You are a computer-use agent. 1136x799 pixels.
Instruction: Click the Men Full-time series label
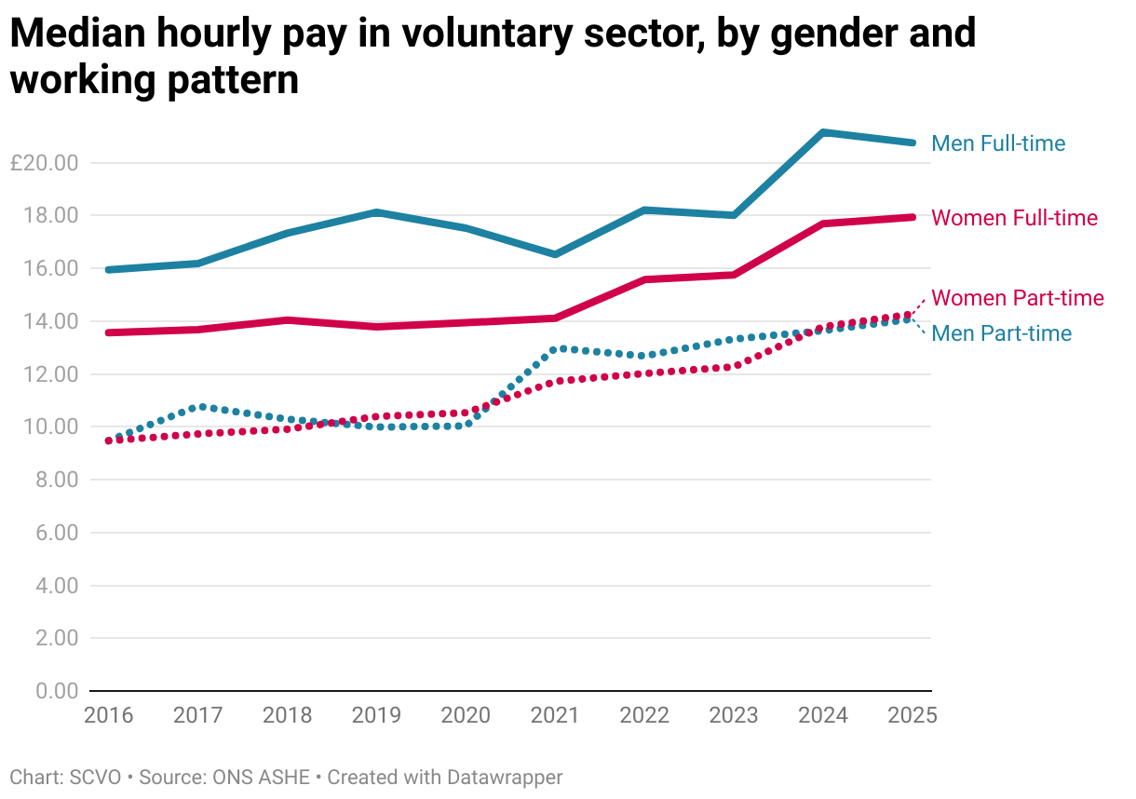pyautogui.click(x=998, y=143)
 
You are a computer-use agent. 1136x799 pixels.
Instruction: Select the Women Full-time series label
pyautogui.click(x=1014, y=218)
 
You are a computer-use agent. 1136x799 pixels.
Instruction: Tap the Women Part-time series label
pyautogui.click(x=1017, y=298)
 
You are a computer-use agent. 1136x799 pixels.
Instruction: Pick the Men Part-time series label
pyautogui.click(x=1001, y=333)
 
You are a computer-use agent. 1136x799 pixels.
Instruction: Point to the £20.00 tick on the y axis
pyautogui.click(x=44, y=163)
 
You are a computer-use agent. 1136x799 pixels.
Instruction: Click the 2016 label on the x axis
pyautogui.click(x=109, y=715)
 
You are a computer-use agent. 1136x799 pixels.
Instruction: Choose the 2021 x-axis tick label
pyautogui.click(x=556, y=715)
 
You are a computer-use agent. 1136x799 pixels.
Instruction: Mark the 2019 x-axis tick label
pyautogui.click(x=377, y=715)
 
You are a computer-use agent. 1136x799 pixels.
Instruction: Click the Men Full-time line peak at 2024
pyautogui.click(x=824, y=133)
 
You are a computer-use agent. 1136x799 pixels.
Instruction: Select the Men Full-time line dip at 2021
pyautogui.click(x=556, y=254)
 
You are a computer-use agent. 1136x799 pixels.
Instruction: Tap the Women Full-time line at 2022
pyautogui.click(x=645, y=279)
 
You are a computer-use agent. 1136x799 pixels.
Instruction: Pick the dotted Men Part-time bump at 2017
pyautogui.click(x=199, y=407)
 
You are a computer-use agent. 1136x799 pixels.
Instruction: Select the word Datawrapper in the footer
pyautogui.click(x=505, y=777)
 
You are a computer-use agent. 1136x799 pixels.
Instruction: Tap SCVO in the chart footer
pyautogui.click(x=96, y=777)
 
